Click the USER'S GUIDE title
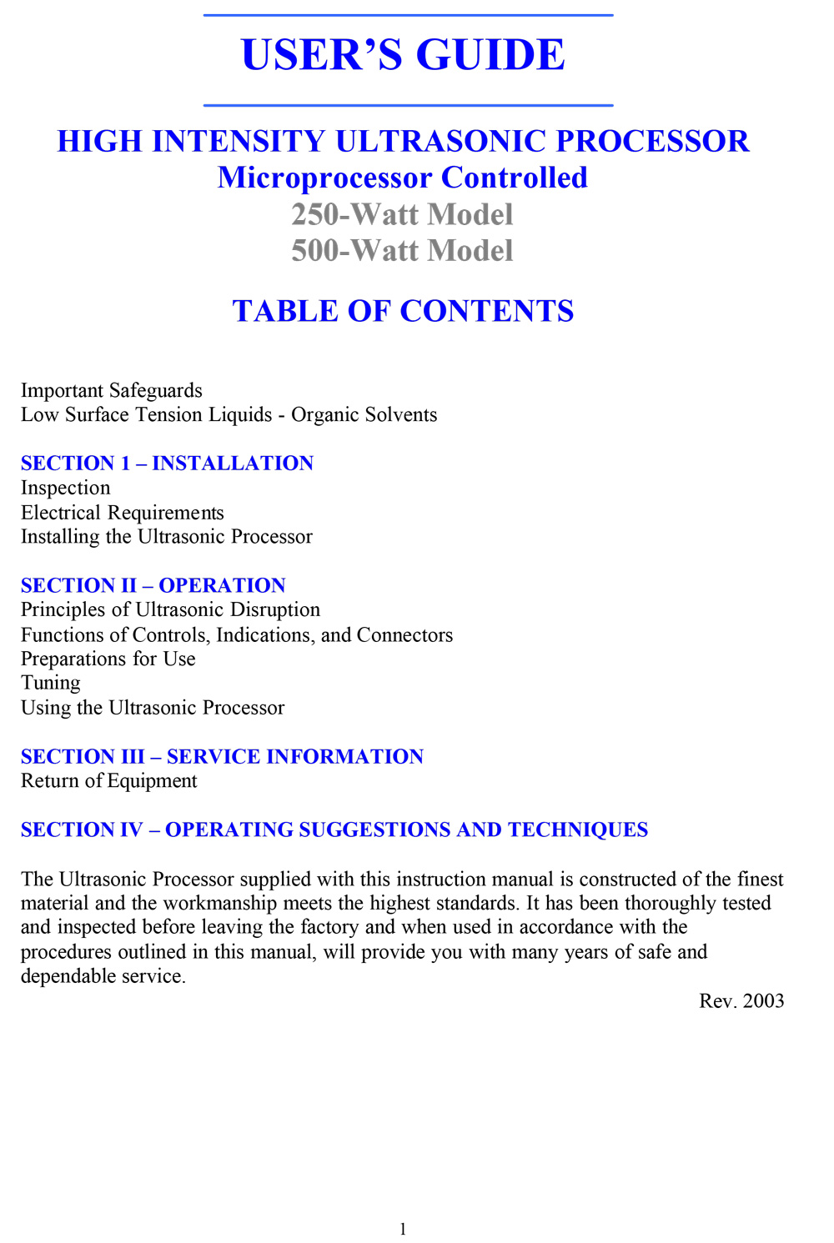point(403,55)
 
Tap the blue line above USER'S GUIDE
point(408,15)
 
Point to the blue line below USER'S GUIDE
point(408,106)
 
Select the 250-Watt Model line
point(402,214)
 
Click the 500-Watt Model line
point(402,250)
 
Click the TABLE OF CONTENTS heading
point(403,311)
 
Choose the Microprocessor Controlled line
point(402,178)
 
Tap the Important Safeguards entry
point(111,390)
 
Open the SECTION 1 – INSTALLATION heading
point(167,464)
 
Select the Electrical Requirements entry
point(123,513)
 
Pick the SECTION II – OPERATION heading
point(153,585)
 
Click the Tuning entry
point(51,684)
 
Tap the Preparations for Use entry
point(108,659)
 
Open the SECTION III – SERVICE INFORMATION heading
point(222,756)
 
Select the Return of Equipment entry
point(108,781)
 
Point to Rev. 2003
point(741,1000)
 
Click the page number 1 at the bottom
point(403,1229)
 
